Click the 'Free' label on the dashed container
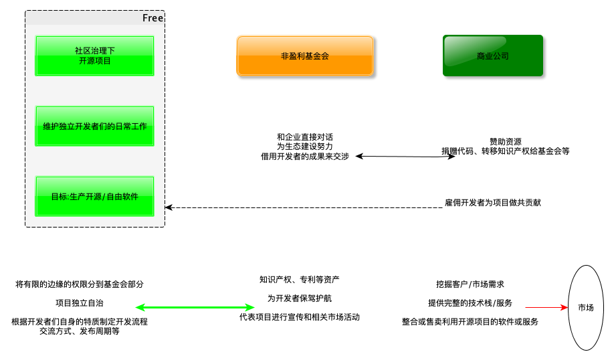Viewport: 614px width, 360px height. (x=152, y=18)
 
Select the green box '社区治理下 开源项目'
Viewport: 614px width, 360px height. (x=94, y=56)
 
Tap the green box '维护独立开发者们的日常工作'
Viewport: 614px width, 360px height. (x=94, y=126)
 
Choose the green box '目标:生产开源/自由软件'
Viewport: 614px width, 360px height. (x=94, y=196)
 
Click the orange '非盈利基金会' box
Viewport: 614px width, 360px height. (x=305, y=56)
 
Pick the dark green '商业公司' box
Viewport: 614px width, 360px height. (x=493, y=56)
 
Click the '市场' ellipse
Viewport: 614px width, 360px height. (x=585, y=308)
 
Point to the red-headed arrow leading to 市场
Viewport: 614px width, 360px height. (x=546, y=308)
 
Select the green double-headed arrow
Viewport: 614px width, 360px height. (x=195, y=308)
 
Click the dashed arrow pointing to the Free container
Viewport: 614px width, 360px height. (x=301, y=207)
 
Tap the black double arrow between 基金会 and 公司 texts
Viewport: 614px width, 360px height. (x=405, y=157)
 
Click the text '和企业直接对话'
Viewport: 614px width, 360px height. (x=304, y=136)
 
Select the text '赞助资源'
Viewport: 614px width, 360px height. (x=506, y=141)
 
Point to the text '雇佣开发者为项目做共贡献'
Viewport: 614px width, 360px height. (x=493, y=202)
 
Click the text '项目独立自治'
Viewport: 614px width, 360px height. (x=80, y=302)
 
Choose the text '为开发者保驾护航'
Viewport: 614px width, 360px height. (x=300, y=298)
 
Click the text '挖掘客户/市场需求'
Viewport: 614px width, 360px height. (x=470, y=284)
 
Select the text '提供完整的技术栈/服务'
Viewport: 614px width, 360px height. (x=470, y=303)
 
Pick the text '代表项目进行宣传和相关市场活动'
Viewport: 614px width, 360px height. (x=300, y=317)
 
